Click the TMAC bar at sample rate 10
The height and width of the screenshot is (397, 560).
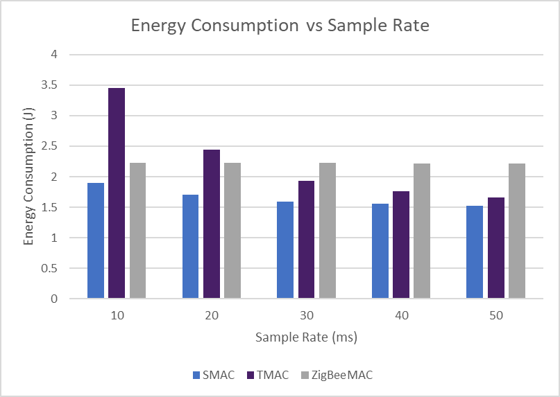tap(117, 193)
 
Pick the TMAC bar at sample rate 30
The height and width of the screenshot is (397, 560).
tap(306, 240)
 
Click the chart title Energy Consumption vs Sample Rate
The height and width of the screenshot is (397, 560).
tap(280, 26)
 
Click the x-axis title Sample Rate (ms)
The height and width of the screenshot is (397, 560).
tap(306, 337)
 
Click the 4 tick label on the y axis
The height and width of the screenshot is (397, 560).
tap(54, 55)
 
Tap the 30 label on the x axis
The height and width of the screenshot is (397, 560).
tap(306, 315)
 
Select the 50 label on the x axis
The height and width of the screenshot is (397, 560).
tap(495, 315)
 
